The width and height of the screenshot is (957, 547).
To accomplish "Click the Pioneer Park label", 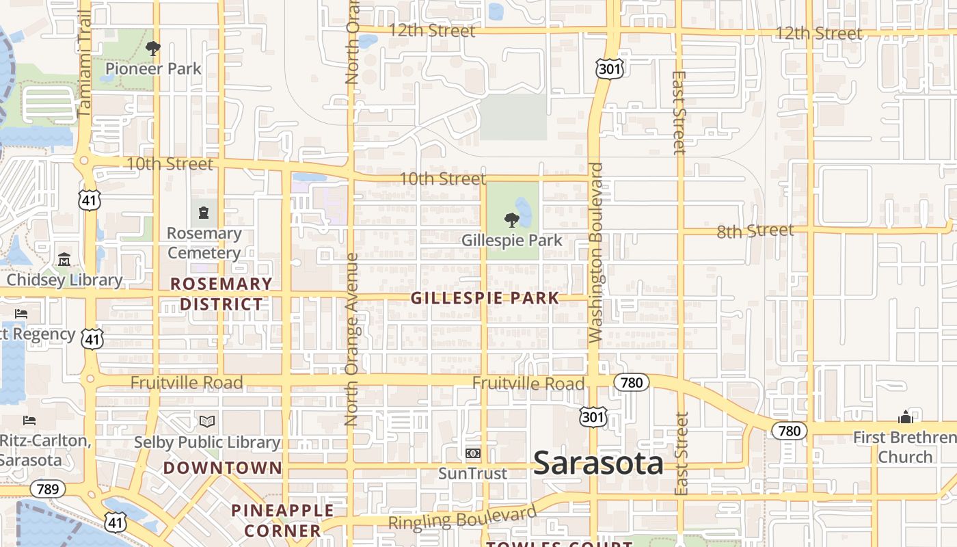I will click(x=153, y=68).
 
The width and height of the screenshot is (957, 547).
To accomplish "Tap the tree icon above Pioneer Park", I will click(x=153, y=49).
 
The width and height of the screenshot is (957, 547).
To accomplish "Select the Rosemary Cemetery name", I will click(x=204, y=243).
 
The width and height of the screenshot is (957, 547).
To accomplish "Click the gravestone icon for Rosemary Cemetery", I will click(x=204, y=213).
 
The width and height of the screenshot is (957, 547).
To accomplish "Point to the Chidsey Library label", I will click(x=64, y=280).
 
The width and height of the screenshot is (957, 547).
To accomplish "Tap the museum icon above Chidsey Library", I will click(x=64, y=260).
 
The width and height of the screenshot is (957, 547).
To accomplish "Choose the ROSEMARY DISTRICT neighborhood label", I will click(x=221, y=294).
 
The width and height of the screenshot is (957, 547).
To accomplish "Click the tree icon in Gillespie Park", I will click(x=511, y=220).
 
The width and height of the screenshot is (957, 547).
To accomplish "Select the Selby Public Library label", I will click(x=206, y=442).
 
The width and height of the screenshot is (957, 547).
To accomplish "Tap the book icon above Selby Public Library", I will click(x=206, y=421).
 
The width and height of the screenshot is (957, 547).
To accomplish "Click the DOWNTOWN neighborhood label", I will click(x=222, y=468).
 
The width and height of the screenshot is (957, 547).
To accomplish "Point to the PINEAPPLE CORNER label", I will click(x=282, y=520).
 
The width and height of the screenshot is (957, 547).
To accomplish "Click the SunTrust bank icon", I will click(x=472, y=453).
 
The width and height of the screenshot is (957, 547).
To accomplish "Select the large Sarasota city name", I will click(x=598, y=463).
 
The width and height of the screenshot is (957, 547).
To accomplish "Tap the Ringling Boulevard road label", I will click(x=463, y=518).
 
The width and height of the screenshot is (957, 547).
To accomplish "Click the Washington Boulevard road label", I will click(x=595, y=252).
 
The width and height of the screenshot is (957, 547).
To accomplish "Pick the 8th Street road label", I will click(x=755, y=231).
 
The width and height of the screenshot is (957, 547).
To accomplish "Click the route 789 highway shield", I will click(x=47, y=489).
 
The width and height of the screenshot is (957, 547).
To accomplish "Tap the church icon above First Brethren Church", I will click(x=906, y=417).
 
